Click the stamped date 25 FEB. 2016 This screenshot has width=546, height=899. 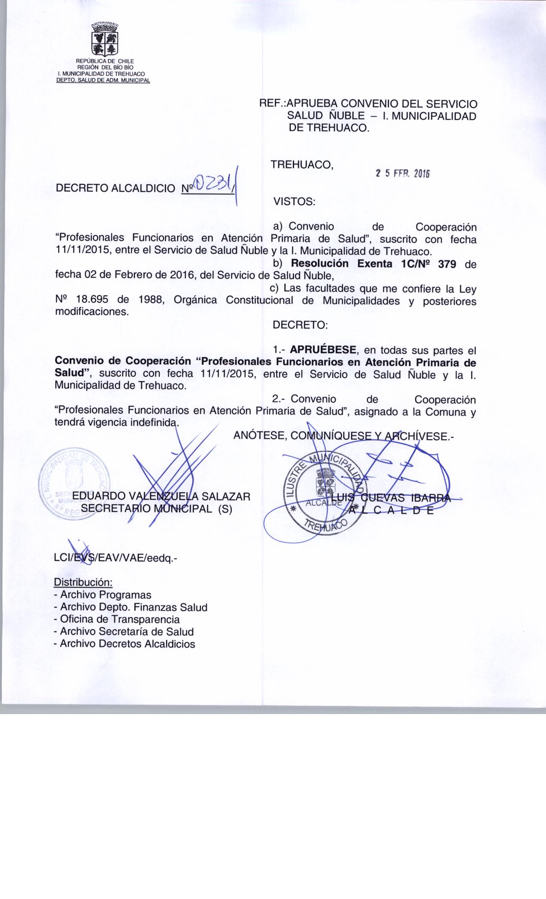(x=402, y=173)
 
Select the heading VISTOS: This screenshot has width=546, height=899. (x=294, y=202)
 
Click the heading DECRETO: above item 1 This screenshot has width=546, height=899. (x=300, y=325)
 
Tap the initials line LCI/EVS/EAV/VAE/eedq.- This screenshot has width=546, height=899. (x=115, y=558)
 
